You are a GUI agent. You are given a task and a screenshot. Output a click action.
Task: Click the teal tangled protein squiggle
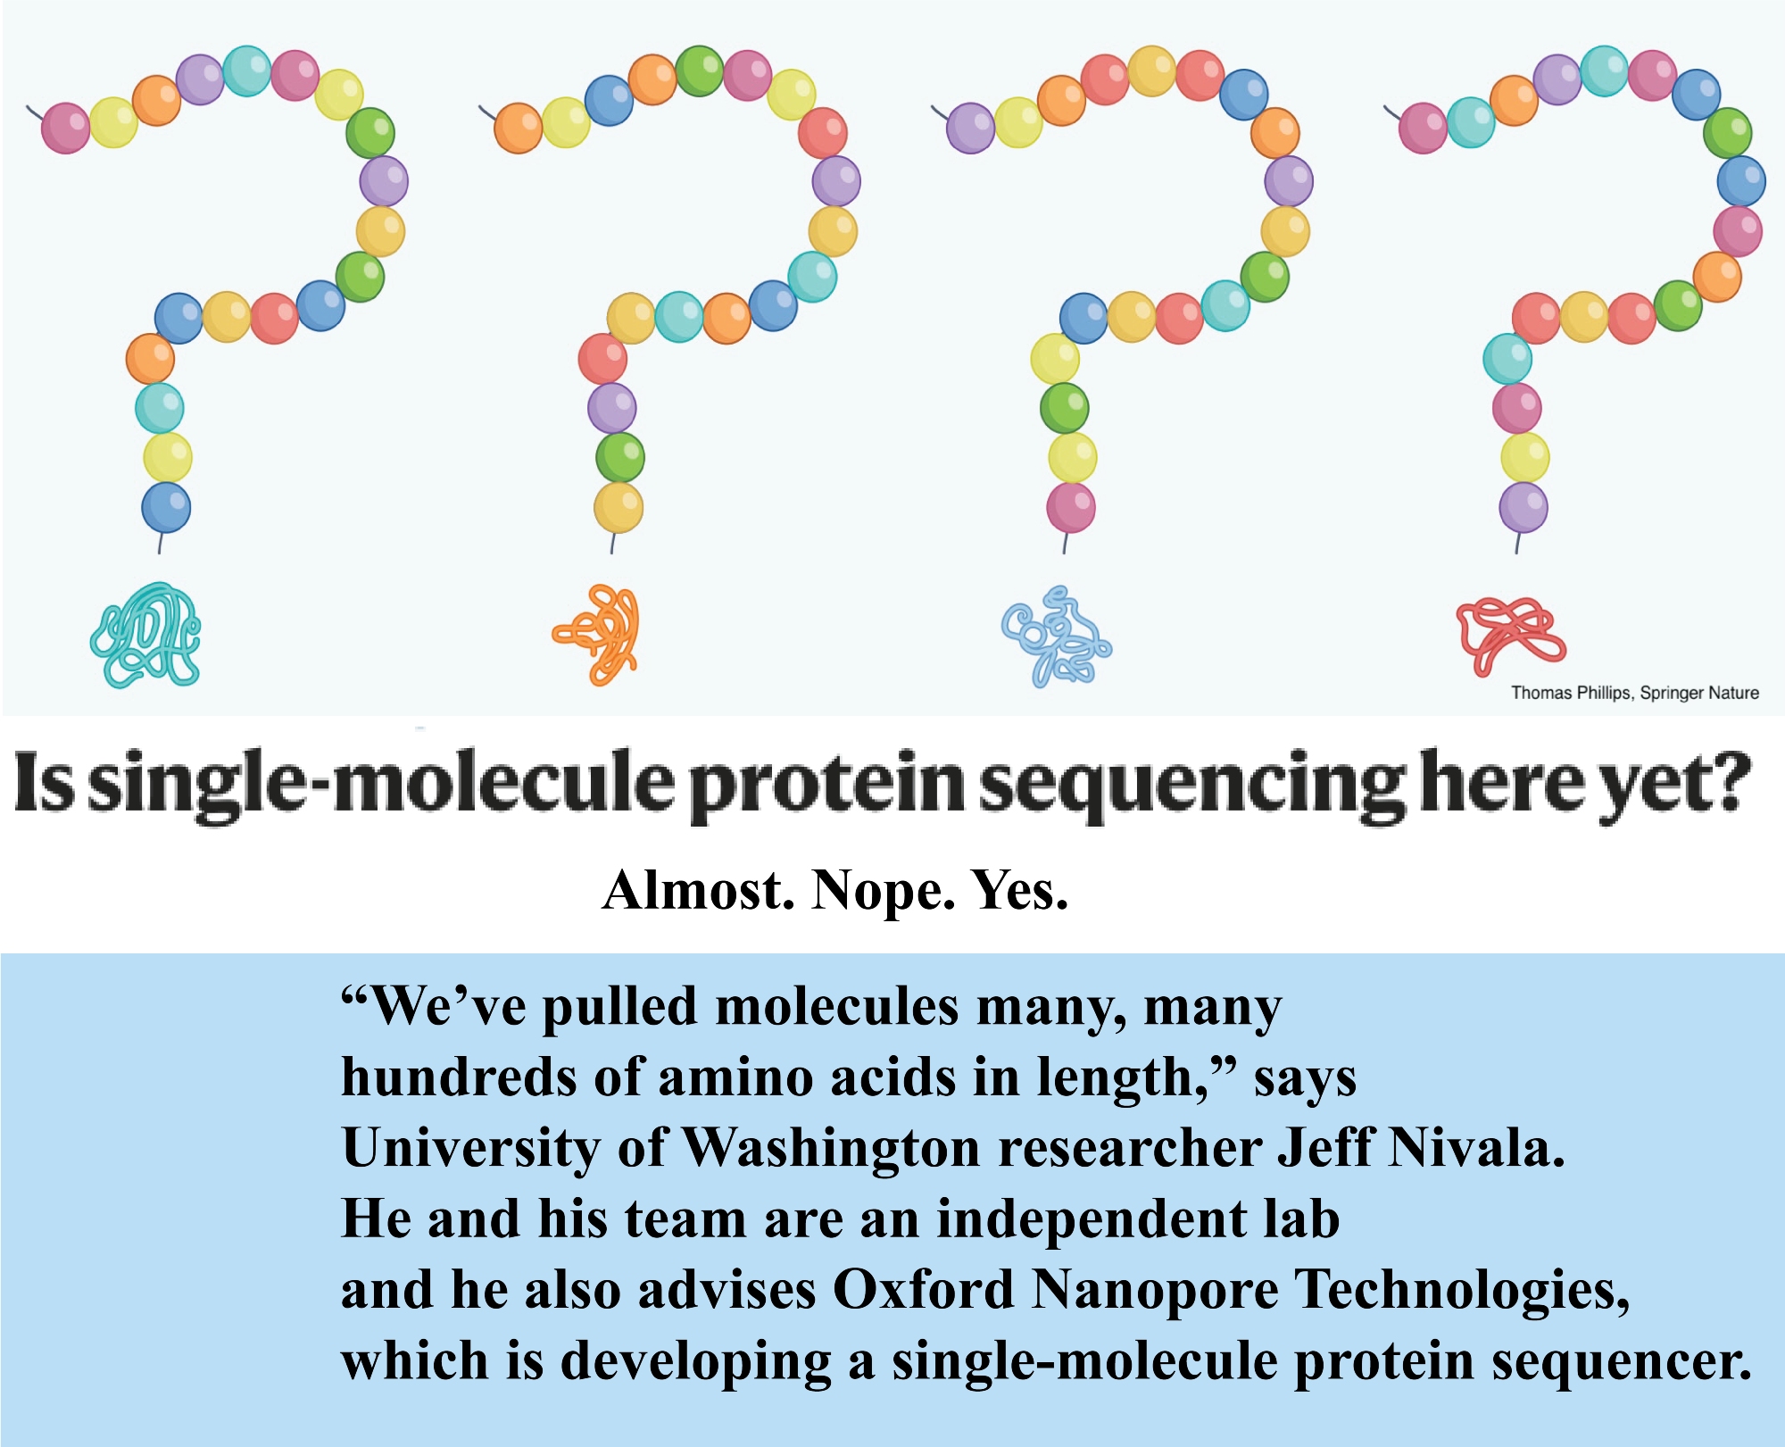click(145, 635)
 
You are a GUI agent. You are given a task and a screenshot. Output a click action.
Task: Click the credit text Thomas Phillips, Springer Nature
click(1634, 693)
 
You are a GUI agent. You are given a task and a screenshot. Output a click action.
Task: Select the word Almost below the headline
click(699, 890)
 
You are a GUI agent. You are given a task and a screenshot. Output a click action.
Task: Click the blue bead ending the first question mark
click(166, 507)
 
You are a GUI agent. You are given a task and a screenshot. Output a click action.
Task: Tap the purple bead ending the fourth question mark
click(1523, 507)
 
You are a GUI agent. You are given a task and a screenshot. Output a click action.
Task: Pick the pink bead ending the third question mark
click(1071, 507)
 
